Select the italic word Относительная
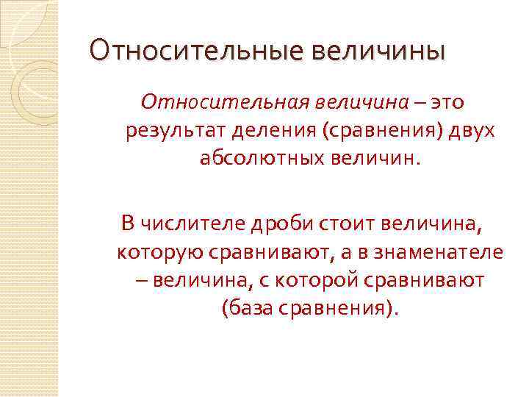[x=225, y=101]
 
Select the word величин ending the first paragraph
[x=382, y=160]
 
